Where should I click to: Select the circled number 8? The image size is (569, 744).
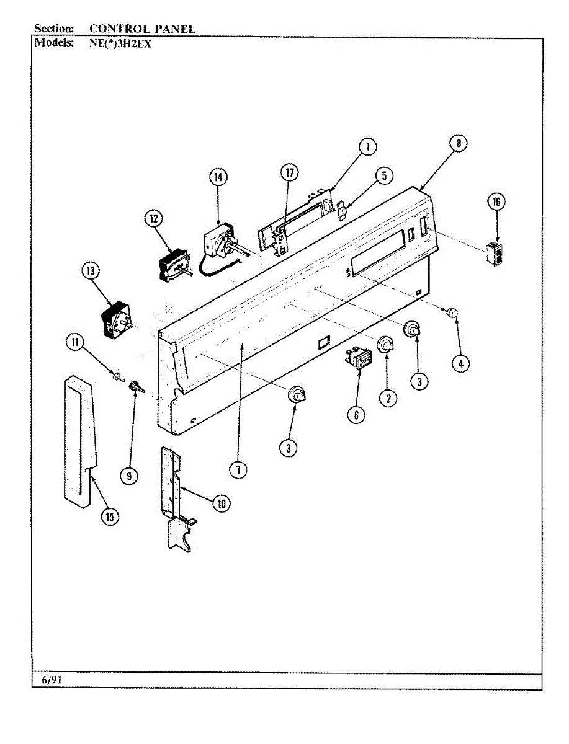458,144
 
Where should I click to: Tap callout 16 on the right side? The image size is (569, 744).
496,201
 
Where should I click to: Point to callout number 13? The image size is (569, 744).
91,270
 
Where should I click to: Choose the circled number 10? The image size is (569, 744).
221,503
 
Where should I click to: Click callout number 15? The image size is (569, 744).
110,516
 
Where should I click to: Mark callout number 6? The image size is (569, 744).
356,415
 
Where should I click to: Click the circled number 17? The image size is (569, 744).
289,174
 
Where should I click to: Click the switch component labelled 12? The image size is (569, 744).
171,264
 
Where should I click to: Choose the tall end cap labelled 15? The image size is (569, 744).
80,434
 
